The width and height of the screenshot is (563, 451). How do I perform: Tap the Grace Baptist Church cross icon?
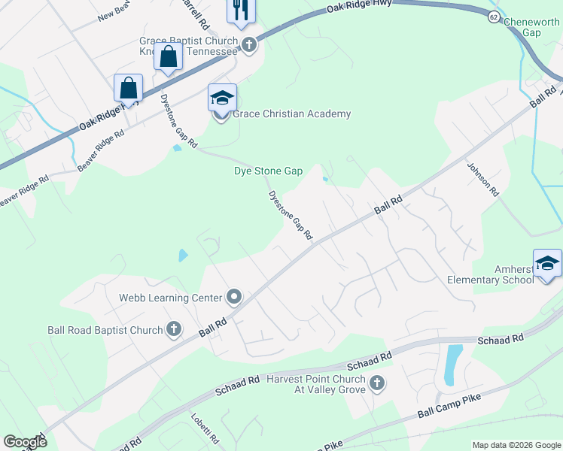click(250, 46)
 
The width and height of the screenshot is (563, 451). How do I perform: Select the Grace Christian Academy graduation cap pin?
click(223, 98)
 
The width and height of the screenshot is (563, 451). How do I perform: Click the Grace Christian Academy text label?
click(291, 114)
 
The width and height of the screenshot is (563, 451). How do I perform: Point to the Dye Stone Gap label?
click(268, 171)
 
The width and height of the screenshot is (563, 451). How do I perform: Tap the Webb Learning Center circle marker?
click(233, 298)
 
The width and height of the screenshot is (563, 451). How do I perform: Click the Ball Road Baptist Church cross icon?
click(173, 329)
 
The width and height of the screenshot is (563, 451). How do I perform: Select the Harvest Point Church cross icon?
click(376, 385)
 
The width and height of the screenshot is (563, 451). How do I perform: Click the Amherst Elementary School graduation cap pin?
click(547, 263)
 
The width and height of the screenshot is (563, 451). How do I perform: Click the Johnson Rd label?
click(483, 179)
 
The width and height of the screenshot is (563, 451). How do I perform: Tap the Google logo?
click(25, 442)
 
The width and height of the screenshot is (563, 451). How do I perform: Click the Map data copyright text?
click(516, 445)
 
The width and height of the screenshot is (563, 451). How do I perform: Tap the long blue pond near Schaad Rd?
click(454, 362)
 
